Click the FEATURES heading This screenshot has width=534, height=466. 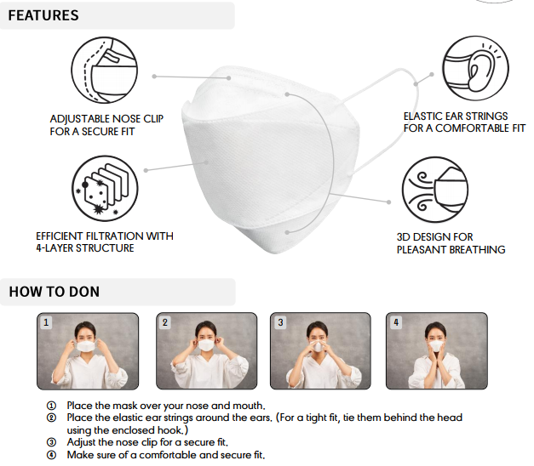pyautogui.click(x=43, y=15)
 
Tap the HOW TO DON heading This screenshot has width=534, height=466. pyautogui.click(x=55, y=292)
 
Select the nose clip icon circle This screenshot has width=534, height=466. pyautogui.click(x=104, y=71)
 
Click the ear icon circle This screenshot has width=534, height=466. pyautogui.click(x=475, y=69)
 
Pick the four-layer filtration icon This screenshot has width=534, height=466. pyautogui.click(x=105, y=189)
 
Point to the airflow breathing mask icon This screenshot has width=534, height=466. pyautogui.click(x=435, y=190)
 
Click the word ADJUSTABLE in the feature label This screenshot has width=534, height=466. pyautogui.click(x=80, y=119)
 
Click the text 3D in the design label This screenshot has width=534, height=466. pyautogui.click(x=404, y=236)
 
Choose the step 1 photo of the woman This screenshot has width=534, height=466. pyautogui.click(x=88, y=351)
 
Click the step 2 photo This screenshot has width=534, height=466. pyautogui.click(x=207, y=351)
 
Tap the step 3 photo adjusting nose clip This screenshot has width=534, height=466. pyautogui.click(x=320, y=351)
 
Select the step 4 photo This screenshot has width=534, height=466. pyautogui.click(x=437, y=351)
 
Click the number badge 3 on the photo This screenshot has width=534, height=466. pyautogui.click(x=280, y=322)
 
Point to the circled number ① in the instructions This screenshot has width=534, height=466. pyautogui.click(x=51, y=406)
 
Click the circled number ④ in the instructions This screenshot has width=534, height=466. pyautogui.click(x=51, y=455)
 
